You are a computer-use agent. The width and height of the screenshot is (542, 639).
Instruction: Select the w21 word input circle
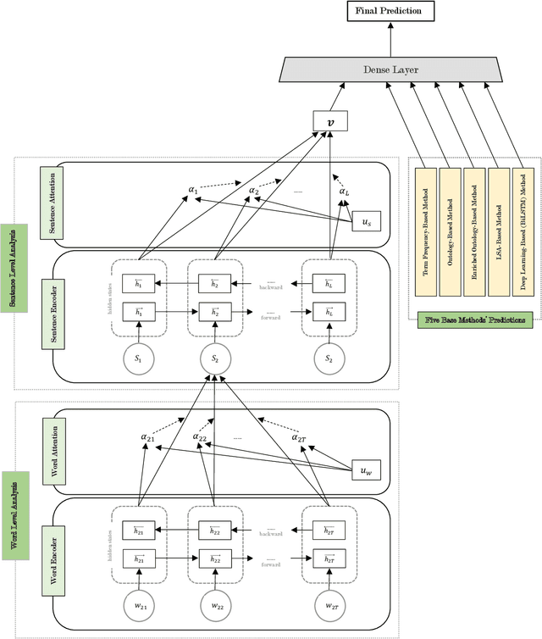pyautogui.click(x=138, y=607)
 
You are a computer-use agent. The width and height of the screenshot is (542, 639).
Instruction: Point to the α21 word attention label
pyautogui.click(x=148, y=437)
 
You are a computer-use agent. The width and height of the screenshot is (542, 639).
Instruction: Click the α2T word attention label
pyautogui.click(x=300, y=437)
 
